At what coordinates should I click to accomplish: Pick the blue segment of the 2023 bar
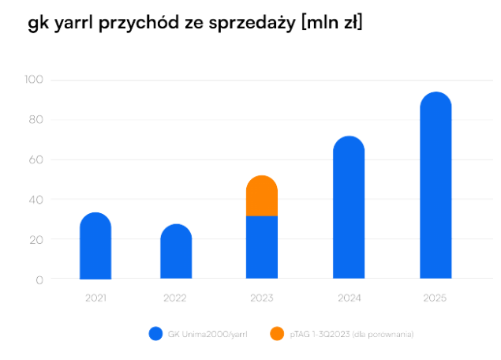click(262, 247)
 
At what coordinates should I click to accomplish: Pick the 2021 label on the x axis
click(95, 298)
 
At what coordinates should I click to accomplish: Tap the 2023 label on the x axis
click(262, 298)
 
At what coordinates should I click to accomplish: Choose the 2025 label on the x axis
click(435, 298)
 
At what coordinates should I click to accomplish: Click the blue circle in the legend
click(155, 334)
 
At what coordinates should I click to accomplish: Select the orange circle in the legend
click(276, 334)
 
